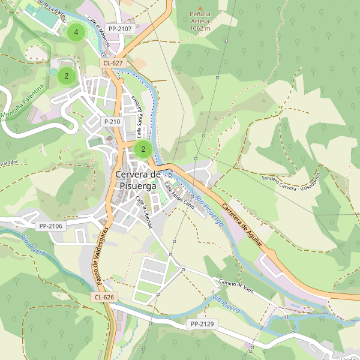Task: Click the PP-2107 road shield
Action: pyautogui.click(x=120, y=28)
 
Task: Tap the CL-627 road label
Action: pyautogui.click(x=113, y=62)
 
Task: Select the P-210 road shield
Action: pyautogui.click(x=112, y=121)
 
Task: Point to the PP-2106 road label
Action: pyautogui.click(x=50, y=226)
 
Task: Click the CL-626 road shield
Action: pyautogui.click(x=104, y=297)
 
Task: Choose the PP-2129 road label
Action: pyautogui.click(x=202, y=324)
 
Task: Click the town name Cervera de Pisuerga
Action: pyautogui.click(x=137, y=180)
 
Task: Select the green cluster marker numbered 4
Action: pyautogui.click(x=76, y=32)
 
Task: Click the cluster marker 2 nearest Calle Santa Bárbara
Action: pyautogui.click(x=143, y=149)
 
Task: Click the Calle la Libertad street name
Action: pyautogui.click(x=143, y=212)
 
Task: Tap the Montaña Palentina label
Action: pyautogui.click(x=24, y=101)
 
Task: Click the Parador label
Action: pyautogui.click(x=10, y=163)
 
